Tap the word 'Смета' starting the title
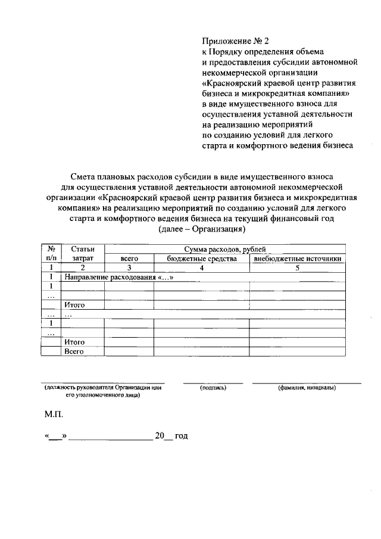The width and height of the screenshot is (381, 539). click(x=84, y=177)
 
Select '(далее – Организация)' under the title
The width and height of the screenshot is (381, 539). click(x=202, y=229)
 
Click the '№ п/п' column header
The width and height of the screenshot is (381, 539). click(x=52, y=254)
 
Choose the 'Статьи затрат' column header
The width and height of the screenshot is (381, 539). click(x=83, y=254)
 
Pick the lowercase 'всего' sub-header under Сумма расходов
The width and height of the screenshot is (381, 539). click(x=129, y=259)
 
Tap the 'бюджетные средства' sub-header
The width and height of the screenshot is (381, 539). click(x=202, y=259)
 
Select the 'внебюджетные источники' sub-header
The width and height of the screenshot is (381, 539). click(x=297, y=259)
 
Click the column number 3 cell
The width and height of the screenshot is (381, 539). click(x=129, y=268)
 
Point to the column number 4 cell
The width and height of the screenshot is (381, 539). click(x=202, y=268)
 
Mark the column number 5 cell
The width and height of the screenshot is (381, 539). click(x=297, y=268)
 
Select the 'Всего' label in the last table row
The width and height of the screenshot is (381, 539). click(x=74, y=351)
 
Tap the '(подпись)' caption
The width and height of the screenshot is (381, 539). click(x=213, y=388)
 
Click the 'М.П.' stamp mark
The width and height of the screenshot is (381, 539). click(x=53, y=413)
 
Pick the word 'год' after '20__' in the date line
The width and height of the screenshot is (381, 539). click(x=181, y=437)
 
